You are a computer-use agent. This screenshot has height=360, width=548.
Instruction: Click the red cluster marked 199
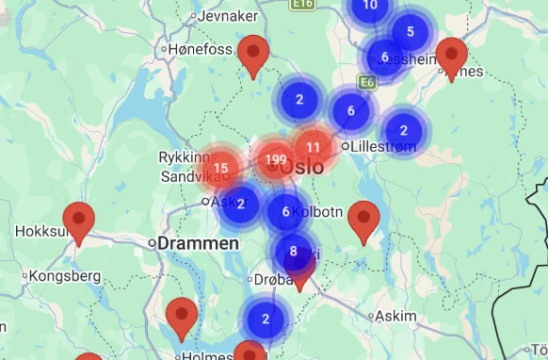pyautogui.click(x=276, y=158)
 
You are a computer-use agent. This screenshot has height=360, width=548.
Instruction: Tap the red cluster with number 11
pyautogui.click(x=313, y=147)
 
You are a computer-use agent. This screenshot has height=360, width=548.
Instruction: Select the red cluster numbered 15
pyautogui.click(x=221, y=169)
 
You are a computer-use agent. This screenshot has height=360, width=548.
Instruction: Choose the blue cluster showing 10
pyautogui.click(x=370, y=6)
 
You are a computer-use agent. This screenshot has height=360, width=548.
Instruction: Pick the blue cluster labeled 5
pyautogui.click(x=410, y=32)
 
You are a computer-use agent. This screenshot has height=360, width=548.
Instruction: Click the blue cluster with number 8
pyautogui.click(x=293, y=251)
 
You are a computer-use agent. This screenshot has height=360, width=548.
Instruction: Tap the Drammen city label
pyautogui.click(x=198, y=243)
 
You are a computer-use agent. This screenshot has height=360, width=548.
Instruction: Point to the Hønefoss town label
pyautogui.click(x=201, y=49)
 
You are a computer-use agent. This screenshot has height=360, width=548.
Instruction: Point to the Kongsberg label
pyautogui.click(x=66, y=276)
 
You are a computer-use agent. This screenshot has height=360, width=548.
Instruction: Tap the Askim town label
pyautogui.click(x=395, y=317)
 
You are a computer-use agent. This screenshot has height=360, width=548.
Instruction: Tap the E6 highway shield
pyautogui.click(x=367, y=83)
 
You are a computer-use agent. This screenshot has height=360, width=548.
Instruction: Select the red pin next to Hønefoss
pyautogui.click(x=253, y=54)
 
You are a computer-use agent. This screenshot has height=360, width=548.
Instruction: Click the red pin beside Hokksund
pyautogui.click(x=78, y=221)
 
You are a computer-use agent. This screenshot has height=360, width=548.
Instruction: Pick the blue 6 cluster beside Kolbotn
pyautogui.click(x=285, y=211)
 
